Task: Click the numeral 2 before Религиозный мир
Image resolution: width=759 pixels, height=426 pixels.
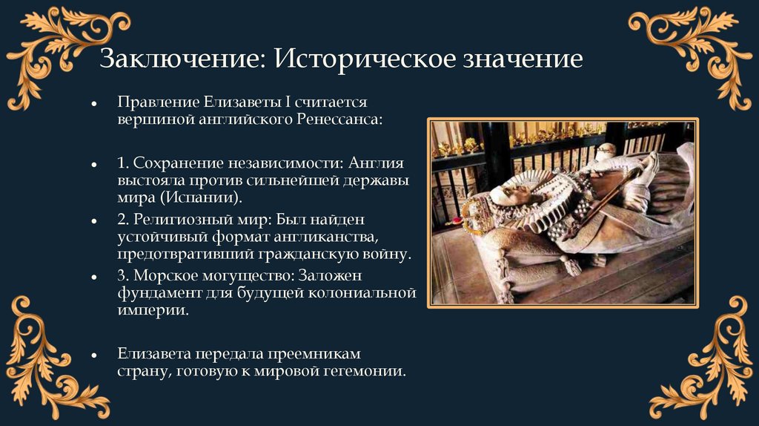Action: click(x=121, y=220)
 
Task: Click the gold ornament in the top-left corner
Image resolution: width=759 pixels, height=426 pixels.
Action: click(x=52, y=52)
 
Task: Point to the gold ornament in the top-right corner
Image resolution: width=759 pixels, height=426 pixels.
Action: click(x=704, y=52)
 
